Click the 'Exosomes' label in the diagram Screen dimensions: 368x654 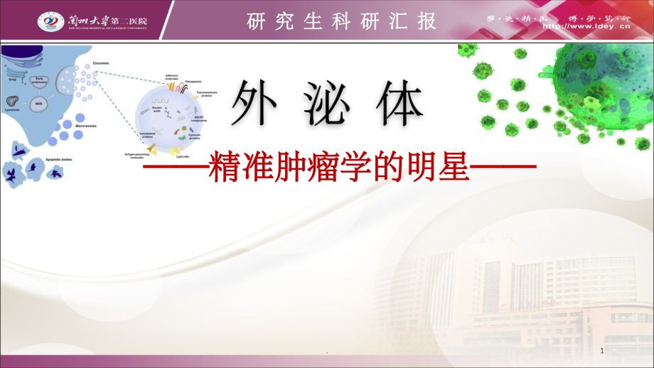pyautogui.click(x=100, y=63)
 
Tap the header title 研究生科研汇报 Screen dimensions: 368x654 pyautogui.click(x=341, y=21)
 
